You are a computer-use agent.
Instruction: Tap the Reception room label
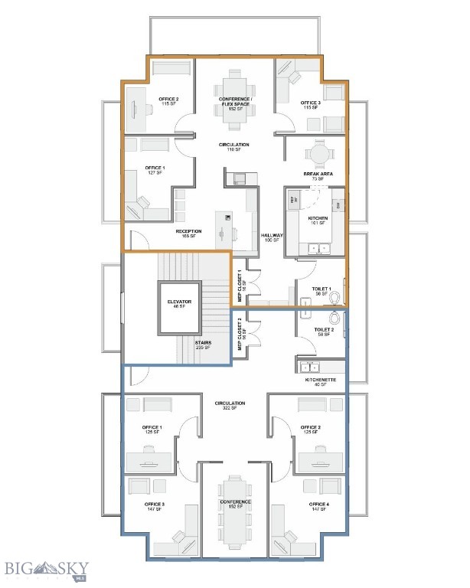[188, 234]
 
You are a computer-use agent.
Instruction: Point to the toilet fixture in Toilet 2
[335, 318]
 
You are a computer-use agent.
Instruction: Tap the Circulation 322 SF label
[230, 406]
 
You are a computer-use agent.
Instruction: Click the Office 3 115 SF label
[310, 105]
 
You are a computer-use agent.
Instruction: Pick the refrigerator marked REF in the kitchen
[293, 199]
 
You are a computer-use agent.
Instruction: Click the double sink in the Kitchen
[319, 247]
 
